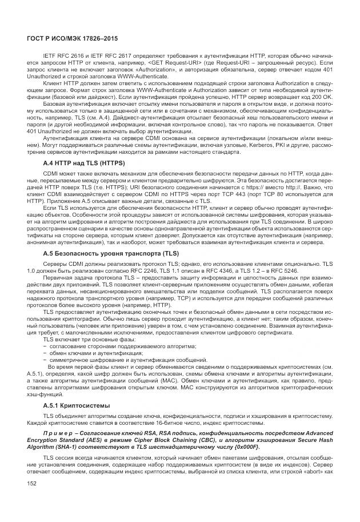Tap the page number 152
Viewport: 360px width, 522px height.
(32, 484)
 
